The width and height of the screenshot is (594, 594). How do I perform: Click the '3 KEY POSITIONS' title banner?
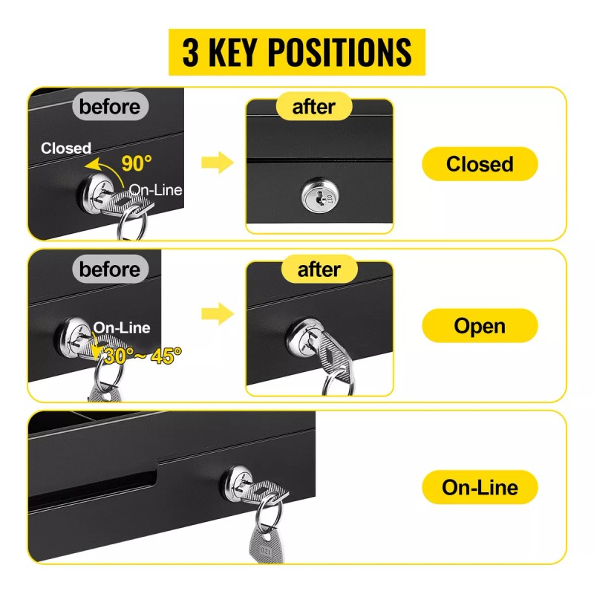tap(296, 52)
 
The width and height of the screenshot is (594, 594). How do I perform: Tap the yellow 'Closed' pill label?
tap(480, 163)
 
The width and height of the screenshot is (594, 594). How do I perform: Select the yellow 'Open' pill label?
tap(480, 326)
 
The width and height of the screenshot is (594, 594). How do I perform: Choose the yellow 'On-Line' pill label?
tap(480, 487)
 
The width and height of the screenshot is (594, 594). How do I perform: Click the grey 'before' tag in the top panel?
tap(110, 106)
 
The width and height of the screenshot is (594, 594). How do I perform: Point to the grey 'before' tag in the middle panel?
tap(110, 270)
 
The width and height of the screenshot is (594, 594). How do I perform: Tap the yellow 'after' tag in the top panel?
tap(313, 106)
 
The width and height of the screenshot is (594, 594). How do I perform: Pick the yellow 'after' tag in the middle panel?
tap(319, 270)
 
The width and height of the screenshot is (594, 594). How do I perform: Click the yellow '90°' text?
tap(137, 163)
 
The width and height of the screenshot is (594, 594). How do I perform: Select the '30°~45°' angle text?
tap(143, 356)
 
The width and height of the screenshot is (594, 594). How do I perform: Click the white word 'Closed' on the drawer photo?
tap(66, 148)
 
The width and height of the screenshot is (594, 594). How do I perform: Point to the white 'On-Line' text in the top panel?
tap(155, 190)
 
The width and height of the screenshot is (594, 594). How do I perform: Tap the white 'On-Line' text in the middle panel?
tap(122, 327)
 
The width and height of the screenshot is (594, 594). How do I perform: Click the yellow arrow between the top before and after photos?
tap(218, 163)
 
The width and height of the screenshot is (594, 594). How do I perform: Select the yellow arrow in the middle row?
tap(218, 313)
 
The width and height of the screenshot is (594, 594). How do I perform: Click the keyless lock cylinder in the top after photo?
tap(320, 195)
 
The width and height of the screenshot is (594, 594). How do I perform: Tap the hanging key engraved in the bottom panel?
tap(267, 545)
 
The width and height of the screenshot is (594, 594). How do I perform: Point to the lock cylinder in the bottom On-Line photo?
tap(238, 484)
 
